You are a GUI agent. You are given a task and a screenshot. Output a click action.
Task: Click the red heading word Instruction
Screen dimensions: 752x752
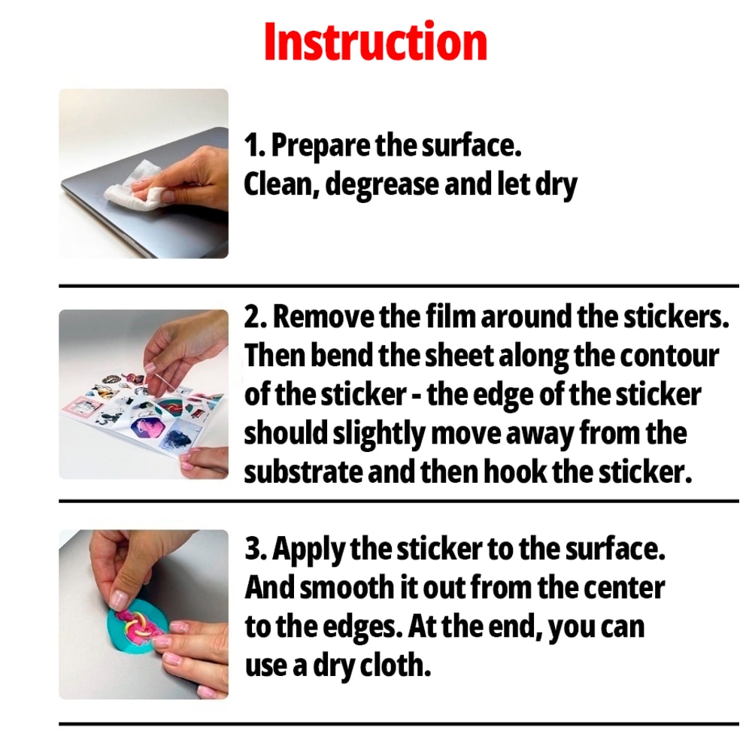coord(375,42)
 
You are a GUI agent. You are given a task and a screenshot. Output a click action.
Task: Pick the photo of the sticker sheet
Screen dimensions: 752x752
coord(143,395)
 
